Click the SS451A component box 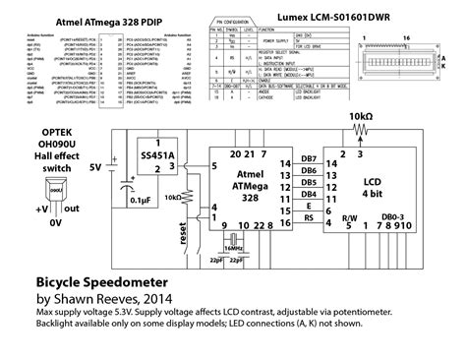pos(152,159)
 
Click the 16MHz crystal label pos(234,250)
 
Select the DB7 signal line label pos(309,160)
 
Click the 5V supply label pos(94,169)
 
